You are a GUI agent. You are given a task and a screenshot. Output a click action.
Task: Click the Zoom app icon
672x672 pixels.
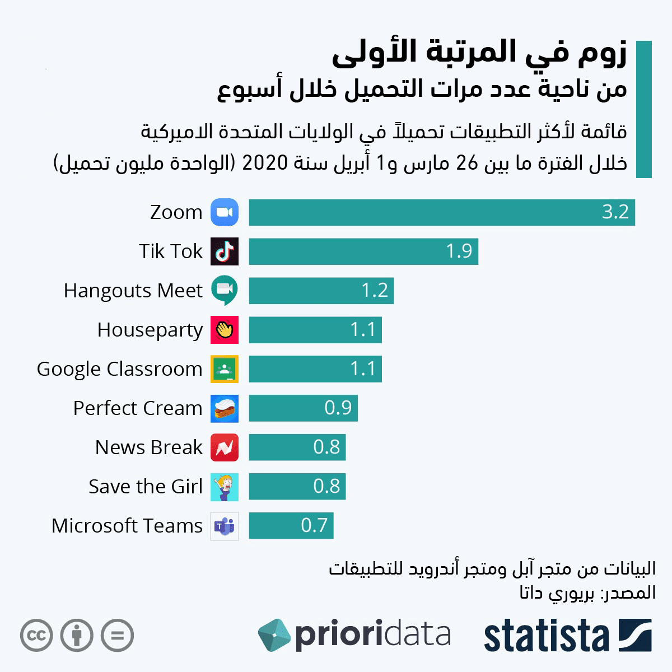[225, 212]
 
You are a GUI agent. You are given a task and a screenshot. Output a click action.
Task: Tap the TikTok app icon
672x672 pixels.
[225, 251]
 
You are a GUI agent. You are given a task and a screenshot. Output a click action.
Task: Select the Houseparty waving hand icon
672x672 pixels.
[225, 330]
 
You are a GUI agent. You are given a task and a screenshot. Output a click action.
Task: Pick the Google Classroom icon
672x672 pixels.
[225, 369]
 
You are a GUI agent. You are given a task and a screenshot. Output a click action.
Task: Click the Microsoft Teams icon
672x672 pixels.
[225, 526]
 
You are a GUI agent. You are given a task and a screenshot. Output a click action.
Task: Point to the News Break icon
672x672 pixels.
[225, 447]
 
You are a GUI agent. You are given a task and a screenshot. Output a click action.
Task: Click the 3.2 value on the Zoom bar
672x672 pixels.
[615, 212]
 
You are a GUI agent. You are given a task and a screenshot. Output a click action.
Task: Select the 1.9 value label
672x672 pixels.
[459, 251]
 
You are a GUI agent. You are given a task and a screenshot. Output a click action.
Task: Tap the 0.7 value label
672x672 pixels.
[314, 526]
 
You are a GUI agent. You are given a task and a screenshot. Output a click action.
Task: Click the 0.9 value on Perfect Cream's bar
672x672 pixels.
[338, 408]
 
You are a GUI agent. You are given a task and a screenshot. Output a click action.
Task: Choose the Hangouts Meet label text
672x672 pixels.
[133, 291]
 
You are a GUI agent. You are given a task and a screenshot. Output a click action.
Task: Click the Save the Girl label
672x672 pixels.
[146, 487]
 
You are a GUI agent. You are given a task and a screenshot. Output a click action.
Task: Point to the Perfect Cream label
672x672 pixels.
[138, 408]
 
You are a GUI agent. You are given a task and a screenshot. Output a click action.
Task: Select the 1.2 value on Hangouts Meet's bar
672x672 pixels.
[375, 291]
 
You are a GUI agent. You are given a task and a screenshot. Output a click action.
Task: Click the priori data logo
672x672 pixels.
[354, 635]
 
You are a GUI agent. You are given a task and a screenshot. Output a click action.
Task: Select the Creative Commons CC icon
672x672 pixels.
[36, 636]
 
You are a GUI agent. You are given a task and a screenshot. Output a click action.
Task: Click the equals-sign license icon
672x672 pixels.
[118, 636]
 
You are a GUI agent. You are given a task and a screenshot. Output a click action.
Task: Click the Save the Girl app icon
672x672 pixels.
[225, 487]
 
